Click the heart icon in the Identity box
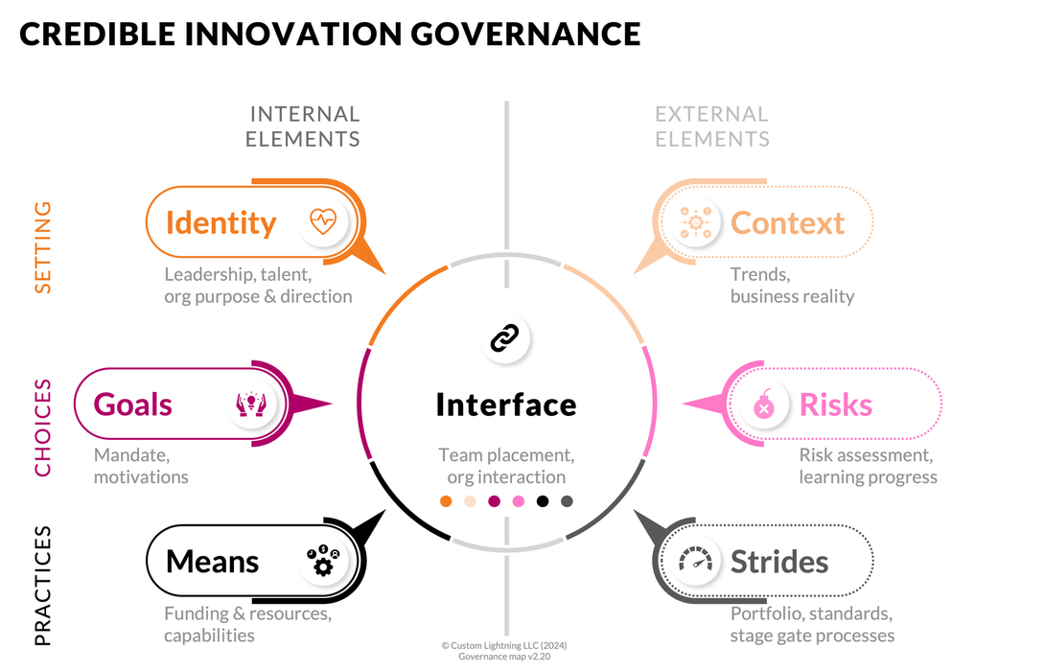pos(323,222)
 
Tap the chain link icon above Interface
pos(504,337)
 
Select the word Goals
pos(133,404)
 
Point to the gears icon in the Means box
pos(323,561)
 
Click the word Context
pos(787,222)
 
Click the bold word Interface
pos(506,405)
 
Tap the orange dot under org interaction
pos(446,500)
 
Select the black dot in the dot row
pos(543,500)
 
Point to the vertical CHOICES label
pos(43,428)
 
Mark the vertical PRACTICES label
pos(43,585)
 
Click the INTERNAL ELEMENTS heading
pos(303,127)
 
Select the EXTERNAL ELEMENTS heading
pos(712,127)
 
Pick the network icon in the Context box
pos(691,222)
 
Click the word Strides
pos(779,561)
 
